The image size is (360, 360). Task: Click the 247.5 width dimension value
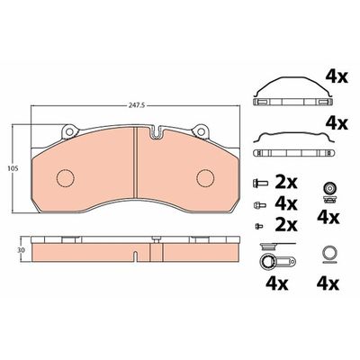point(136,105)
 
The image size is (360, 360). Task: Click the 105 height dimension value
point(13,169)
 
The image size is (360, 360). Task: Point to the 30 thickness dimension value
point(21,249)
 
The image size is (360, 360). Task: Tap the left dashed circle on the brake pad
point(66,178)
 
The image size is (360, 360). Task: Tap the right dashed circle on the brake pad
point(205,178)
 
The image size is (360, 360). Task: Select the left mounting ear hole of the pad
point(69,131)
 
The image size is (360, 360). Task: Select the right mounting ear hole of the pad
point(201,131)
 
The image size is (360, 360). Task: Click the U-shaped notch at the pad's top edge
point(156,132)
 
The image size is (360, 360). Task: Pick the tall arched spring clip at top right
point(292,79)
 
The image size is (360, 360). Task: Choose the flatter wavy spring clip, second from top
point(293,134)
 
